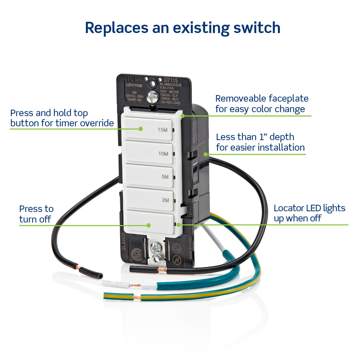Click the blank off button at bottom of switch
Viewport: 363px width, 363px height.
(x=151, y=223)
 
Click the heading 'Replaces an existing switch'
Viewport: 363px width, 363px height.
(x=183, y=28)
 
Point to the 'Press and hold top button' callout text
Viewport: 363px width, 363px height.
(x=62, y=118)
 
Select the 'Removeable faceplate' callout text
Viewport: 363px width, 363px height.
(x=261, y=103)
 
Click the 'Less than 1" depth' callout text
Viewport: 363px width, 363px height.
(x=260, y=142)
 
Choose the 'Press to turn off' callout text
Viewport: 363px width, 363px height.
(x=36, y=214)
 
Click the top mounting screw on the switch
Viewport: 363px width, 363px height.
(x=153, y=96)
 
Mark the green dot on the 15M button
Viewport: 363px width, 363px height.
(x=141, y=129)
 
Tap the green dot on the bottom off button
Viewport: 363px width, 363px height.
(x=148, y=225)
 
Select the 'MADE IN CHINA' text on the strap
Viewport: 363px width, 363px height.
(x=190, y=250)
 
